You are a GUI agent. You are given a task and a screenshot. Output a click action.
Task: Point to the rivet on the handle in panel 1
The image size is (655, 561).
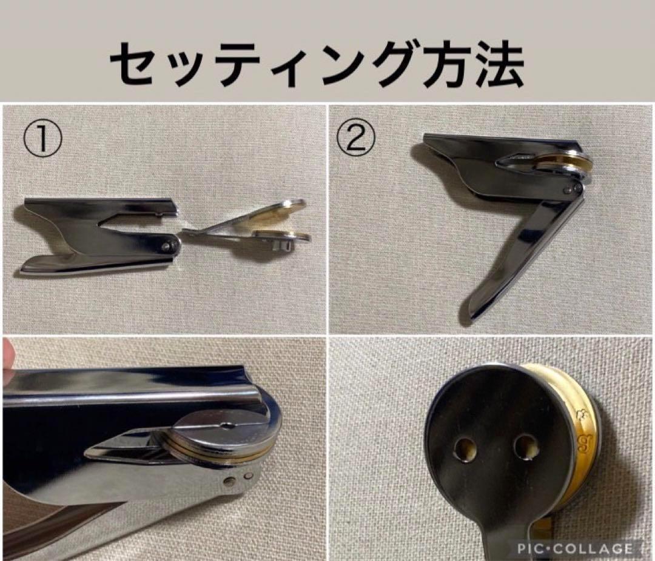tap(170, 245)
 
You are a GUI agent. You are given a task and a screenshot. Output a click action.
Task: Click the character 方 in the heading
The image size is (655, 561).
tap(438, 65)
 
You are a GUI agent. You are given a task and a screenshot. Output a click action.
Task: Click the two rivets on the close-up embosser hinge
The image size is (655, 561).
tap(237, 480)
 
